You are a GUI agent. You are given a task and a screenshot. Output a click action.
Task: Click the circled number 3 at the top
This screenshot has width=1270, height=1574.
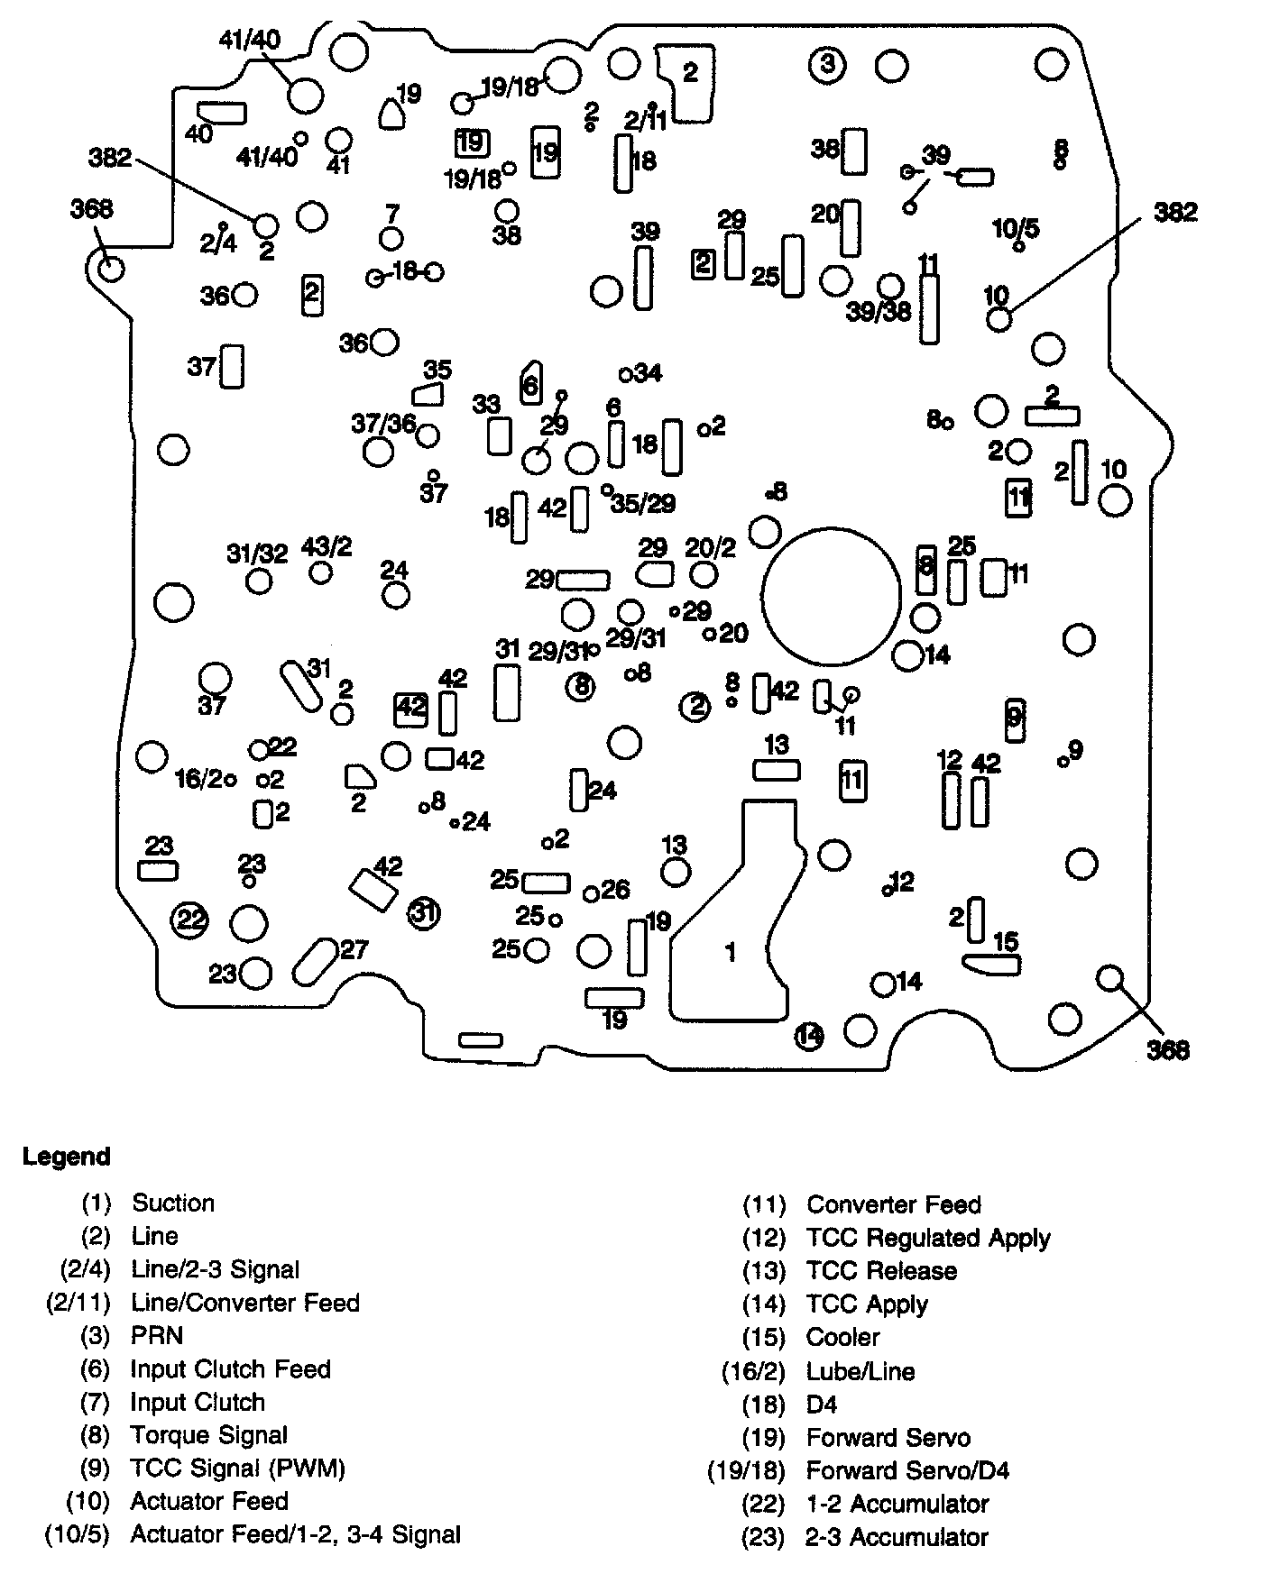tap(827, 65)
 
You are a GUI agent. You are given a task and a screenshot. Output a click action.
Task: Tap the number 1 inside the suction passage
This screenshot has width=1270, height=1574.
tap(731, 952)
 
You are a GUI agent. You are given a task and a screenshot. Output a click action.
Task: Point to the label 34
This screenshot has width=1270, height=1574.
tap(648, 372)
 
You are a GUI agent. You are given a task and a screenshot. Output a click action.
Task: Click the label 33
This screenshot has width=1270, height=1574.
tap(485, 404)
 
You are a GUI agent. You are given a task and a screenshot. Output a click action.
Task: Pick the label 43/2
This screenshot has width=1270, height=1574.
tap(327, 546)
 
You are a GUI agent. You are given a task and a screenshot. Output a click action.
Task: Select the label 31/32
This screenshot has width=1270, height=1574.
tap(257, 554)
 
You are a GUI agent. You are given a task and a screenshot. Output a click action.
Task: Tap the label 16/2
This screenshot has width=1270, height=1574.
tap(198, 778)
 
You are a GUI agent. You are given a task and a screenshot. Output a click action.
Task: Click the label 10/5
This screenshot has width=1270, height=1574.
tap(1016, 228)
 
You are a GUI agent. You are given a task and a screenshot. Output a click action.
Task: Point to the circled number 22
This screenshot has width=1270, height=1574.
tap(190, 920)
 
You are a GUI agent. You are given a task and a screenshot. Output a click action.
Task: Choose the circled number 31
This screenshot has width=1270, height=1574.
tap(423, 913)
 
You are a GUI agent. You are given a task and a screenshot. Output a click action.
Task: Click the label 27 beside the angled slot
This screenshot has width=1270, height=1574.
tap(354, 948)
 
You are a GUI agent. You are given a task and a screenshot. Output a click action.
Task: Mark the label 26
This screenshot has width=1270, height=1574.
tap(615, 890)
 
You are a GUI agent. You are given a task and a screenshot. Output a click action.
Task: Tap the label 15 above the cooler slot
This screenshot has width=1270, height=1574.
tap(1005, 942)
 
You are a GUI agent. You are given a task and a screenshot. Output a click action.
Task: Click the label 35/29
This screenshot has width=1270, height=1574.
tap(643, 503)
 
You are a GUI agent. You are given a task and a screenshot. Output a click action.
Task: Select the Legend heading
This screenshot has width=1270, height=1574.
tap(67, 1157)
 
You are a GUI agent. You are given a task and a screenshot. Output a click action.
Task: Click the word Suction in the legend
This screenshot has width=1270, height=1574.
tap(173, 1203)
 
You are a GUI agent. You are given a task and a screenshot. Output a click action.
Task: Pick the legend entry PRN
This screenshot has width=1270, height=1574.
tap(156, 1335)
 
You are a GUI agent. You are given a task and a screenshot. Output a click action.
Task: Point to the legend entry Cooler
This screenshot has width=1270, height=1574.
tap(842, 1337)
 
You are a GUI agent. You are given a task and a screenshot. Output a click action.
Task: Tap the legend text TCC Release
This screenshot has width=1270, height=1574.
tap(881, 1270)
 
